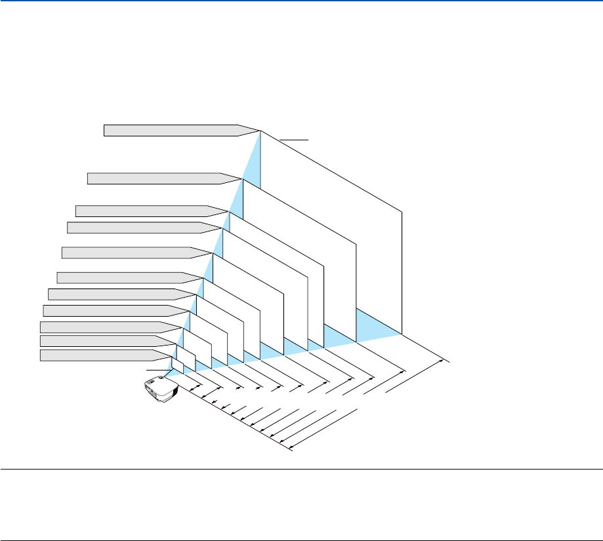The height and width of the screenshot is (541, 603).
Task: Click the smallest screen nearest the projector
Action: [x=177, y=364]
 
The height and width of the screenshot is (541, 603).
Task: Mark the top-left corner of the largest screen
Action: [x=261, y=131]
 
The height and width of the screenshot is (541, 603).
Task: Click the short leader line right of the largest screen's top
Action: [x=293, y=140]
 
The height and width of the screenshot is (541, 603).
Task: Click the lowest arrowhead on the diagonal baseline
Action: [x=290, y=449]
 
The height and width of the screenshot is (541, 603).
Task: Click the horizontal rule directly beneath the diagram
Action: [x=301, y=470]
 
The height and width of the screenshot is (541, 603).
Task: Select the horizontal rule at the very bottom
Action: [x=301, y=523]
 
